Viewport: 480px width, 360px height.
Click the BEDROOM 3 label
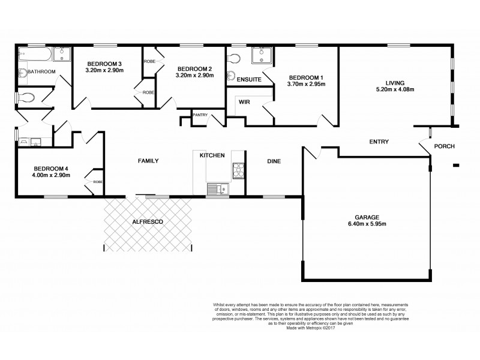(x=104, y=64)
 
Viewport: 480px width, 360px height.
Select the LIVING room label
(x=395, y=82)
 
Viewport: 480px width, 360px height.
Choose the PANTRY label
(x=200, y=114)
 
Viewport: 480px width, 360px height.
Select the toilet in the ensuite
(x=233, y=59)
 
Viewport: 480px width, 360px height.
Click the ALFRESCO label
(x=148, y=221)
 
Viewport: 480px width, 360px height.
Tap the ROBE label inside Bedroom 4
(x=97, y=181)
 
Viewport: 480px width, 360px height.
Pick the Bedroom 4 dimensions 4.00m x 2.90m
(x=52, y=175)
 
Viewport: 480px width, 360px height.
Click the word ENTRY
(x=379, y=142)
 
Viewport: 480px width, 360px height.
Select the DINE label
(x=274, y=161)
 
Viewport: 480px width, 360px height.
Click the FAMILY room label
(x=148, y=161)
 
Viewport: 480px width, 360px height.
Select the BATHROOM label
(x=41, y=71)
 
